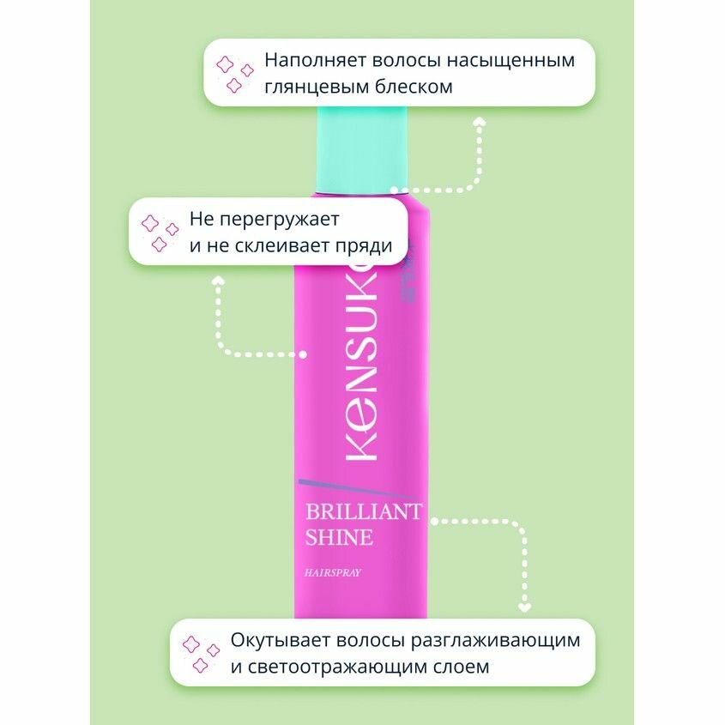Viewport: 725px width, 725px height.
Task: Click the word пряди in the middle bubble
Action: pyautogui.click(x=366, y=246)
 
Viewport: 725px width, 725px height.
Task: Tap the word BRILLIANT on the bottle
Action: pyautogui.click(x=364, y=512)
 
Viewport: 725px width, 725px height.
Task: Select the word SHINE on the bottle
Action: pyautogui.click(x=340, y=538)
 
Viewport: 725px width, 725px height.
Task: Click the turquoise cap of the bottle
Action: pyautogui.click(x=361, y=146)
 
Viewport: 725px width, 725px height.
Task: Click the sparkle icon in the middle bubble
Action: pyautogui.click(x=159, y=233)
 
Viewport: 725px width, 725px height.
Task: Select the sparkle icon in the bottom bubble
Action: pyautogui.click(x=200, y=654)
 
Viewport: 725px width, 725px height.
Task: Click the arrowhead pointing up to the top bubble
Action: pyautogui.click(x=480, y=121)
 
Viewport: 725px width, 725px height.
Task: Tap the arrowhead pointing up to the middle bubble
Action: pyautogui.click(x=218, y=280)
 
